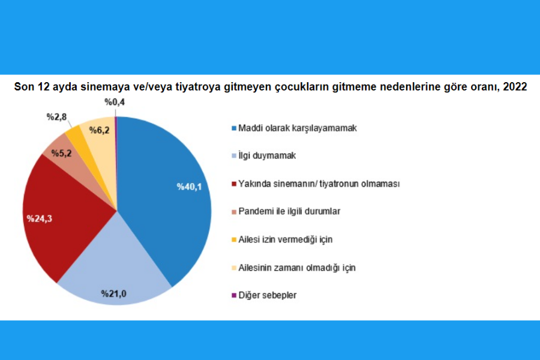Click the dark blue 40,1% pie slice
coord(166,193)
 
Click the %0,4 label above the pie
coord(115,102)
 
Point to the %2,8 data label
coord(56,117)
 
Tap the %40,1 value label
coord(189,187)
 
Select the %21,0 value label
coord(113,293)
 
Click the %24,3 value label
coord(40,218)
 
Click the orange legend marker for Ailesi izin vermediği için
coord(234,239)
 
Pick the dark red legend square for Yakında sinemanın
coord(234,184)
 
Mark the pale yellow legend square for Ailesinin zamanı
coord(234,268)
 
